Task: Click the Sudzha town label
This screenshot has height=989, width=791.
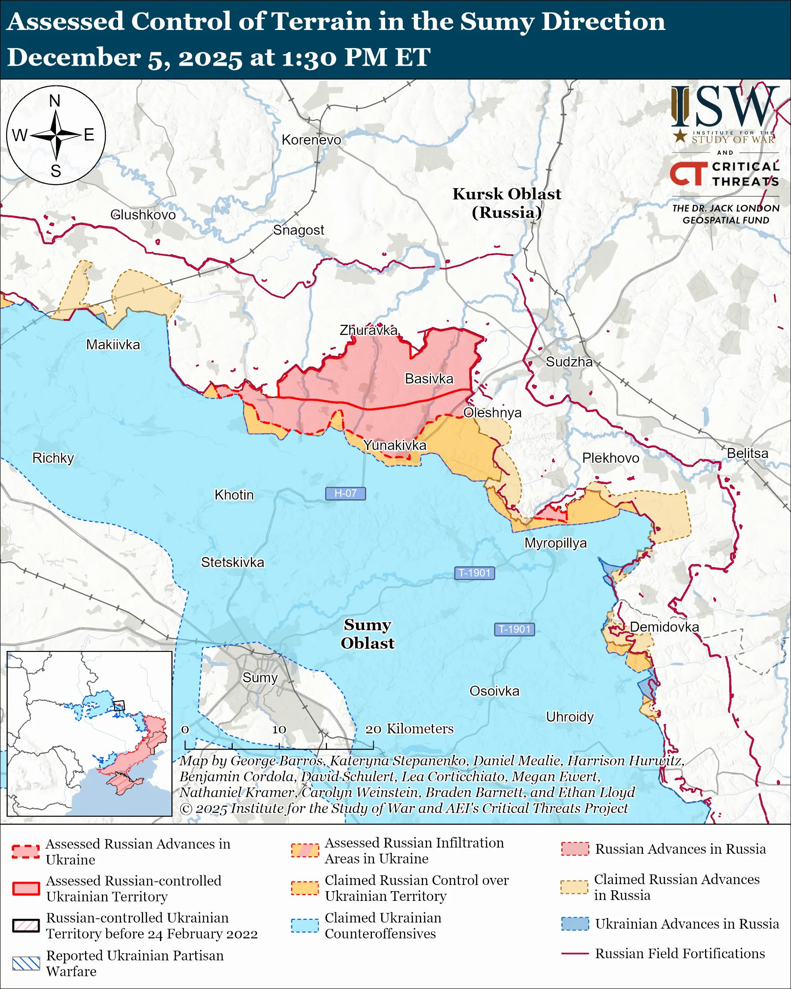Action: [x=568, y=362]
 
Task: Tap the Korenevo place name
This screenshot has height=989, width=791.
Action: [x=312, y=140]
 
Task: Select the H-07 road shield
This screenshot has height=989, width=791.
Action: [x=345, y=493]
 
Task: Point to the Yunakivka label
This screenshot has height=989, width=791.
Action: [x=394, y=445]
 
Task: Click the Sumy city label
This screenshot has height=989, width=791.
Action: [x=260, y=677]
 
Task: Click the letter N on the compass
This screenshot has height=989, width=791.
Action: [x=55, y=100]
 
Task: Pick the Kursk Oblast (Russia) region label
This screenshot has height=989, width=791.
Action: [x=507, y=203]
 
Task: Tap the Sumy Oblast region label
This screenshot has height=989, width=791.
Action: [x=368, y=633]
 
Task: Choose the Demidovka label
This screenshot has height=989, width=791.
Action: [x=664, y=627]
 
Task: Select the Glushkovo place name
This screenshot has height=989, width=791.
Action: [x=143, y=215]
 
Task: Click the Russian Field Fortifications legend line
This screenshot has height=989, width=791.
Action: [x=575, y=954]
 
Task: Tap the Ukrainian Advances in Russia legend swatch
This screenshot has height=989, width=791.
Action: [x=575, y=924]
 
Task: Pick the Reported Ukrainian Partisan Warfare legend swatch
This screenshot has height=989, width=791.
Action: [x=26, y=963]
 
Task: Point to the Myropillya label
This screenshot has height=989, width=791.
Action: [x=555, y=543]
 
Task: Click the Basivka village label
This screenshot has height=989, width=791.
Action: [x=429, y=379]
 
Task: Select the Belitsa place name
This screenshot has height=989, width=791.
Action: [x=747, y=453]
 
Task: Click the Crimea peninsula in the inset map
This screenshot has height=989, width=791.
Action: [x=125, y=785]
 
